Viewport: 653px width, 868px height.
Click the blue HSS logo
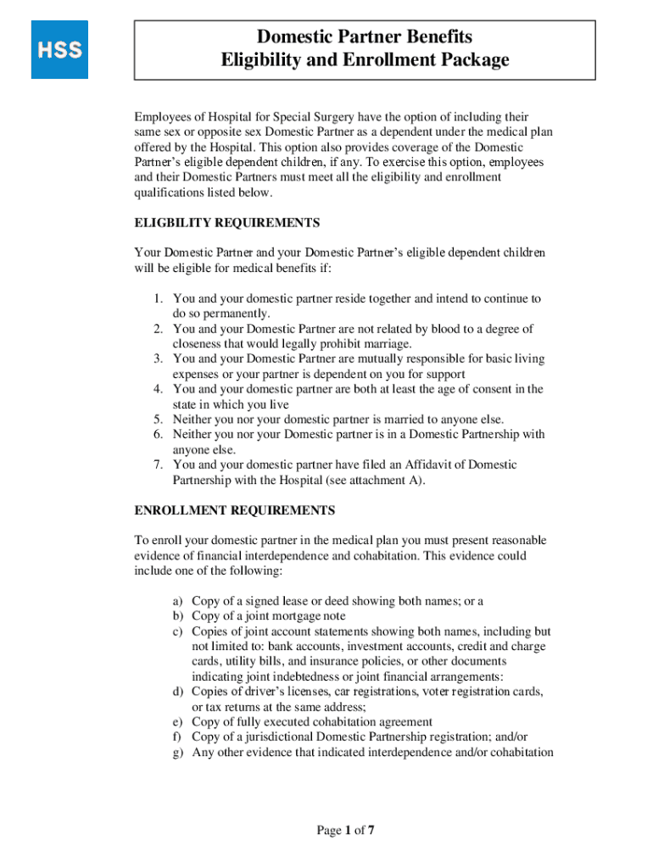coord(59,50)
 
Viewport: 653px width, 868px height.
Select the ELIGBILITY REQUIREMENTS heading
coord(227,223)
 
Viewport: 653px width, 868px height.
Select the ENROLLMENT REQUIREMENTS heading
coord(235,510)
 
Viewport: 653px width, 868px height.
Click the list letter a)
coord(179,601)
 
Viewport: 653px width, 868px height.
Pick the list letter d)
coord(179,692)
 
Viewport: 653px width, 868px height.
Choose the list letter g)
coord(179,752)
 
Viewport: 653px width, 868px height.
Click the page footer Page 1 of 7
coord(345,831)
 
